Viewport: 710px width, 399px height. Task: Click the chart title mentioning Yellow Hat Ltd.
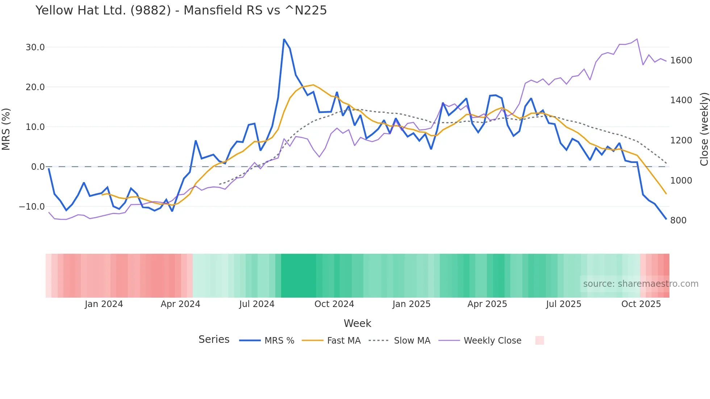pos(181,10)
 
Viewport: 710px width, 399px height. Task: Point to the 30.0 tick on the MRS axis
pos(35,47)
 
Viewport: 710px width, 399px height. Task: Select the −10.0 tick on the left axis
pos(32,207)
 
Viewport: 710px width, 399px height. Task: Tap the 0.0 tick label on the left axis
pos(38,167)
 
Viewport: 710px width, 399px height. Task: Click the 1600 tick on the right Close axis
pos(681,60)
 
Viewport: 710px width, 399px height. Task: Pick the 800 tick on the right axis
pos(678,220)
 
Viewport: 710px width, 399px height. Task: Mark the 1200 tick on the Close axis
pos(681,140)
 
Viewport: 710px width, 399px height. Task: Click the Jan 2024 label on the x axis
pos(104,304)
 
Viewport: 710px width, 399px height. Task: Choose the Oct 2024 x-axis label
pos(334,304)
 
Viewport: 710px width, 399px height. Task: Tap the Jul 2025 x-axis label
pos(563,304)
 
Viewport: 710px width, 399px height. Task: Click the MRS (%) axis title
pos(6,129)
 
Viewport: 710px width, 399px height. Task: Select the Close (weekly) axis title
pos(704,129)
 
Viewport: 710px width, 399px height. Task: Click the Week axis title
pos(357,323)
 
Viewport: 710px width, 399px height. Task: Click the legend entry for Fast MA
pos(343,341)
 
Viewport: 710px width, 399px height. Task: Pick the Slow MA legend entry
pos(412,341)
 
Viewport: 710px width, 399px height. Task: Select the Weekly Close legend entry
pos(492,341)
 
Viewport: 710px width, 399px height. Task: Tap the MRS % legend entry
pos(279,341)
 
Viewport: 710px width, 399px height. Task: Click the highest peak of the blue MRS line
pos(284,39)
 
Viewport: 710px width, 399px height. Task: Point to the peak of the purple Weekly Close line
pos(637,39)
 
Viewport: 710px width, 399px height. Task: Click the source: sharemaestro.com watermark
pos(640,284)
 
